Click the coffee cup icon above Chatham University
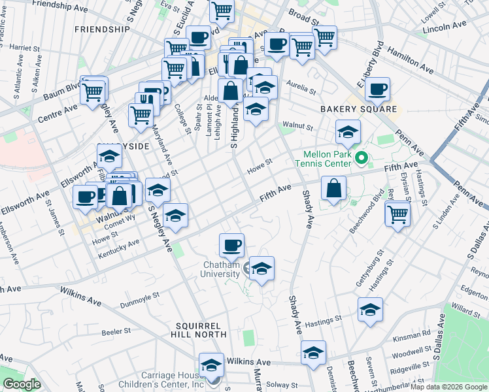(x=231, y=246)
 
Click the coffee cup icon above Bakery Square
(x=377, y=90)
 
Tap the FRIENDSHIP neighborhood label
(x=103, y=29)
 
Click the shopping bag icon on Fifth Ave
(x=333, y=189)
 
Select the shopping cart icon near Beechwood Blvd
(x=397, y=214)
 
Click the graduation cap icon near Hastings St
(x=370, y=310)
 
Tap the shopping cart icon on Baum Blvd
(x=93, y=91)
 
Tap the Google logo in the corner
(x=22, y=385)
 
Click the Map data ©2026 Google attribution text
(x=448, y=387)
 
